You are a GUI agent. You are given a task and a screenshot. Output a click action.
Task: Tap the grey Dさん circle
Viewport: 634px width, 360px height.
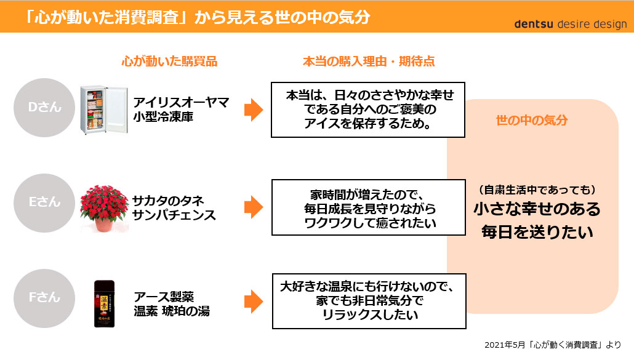[x=44, y=107]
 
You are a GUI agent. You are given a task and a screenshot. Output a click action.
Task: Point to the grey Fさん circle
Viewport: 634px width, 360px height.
[x=44, y=297]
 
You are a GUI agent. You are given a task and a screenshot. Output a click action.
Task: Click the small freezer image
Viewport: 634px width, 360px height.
[x=102, y=110]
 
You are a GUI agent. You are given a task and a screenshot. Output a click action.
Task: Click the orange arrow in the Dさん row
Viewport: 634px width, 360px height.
[x=254, y=110]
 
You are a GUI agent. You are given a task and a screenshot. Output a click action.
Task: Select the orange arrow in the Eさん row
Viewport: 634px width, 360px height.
[x=254, y=207]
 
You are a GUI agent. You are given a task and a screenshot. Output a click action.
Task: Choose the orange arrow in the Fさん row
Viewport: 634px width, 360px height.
[x=254, y=302]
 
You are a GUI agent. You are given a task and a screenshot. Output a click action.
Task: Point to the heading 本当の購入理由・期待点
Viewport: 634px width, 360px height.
[x=369, y=62]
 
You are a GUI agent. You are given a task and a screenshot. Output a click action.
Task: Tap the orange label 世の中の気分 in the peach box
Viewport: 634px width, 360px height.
[x=532, y=121]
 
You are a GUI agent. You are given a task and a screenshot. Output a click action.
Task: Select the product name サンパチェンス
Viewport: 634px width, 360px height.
[x=174, y=215]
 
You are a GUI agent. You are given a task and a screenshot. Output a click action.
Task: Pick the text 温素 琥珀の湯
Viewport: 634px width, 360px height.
[x=172, y=311]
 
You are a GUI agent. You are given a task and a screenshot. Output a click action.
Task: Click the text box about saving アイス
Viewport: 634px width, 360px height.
[x=367, y=110]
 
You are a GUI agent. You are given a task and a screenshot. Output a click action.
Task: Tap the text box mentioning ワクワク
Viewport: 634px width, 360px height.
[x=367, y=207]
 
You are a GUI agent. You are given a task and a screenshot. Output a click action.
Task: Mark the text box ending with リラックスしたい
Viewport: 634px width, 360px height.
[x=367, y=301]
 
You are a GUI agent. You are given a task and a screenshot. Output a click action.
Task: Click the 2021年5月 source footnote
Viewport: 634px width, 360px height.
[x=553, y=344]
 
